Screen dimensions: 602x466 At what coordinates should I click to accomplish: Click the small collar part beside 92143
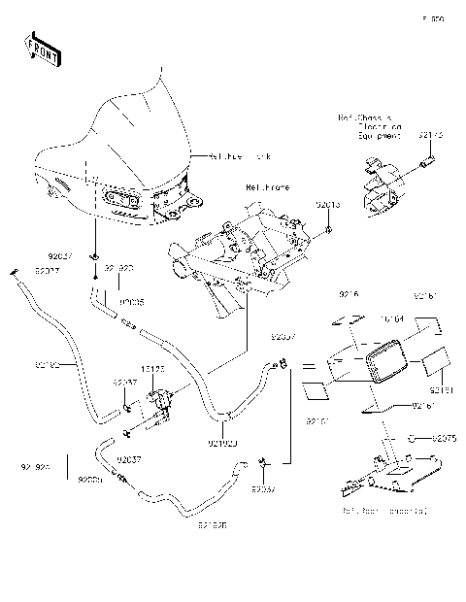pyautogui.click(x=423, y=157)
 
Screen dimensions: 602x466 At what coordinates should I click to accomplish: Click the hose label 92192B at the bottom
pyautogui.click(x=213, y=526)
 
